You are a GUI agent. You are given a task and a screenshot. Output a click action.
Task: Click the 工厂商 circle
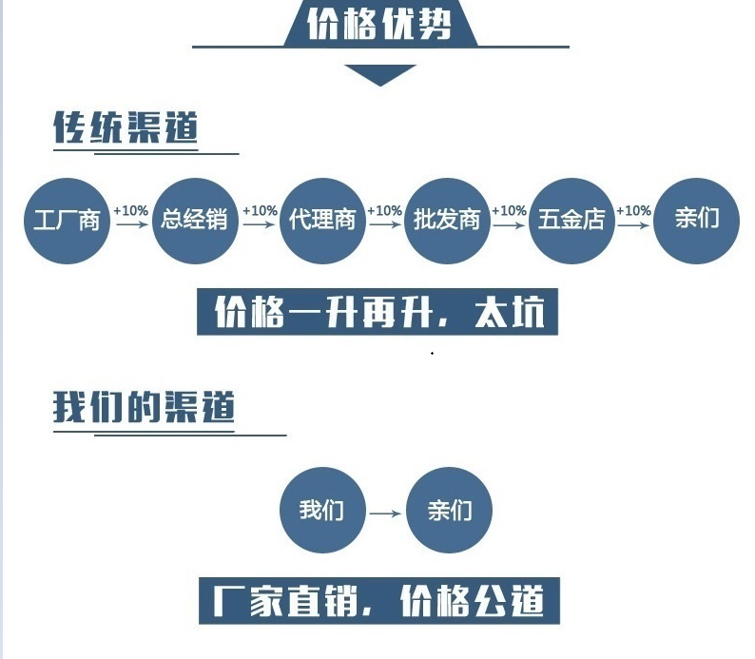coord(67,221)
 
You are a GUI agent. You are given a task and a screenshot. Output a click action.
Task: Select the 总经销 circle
coord(196,221)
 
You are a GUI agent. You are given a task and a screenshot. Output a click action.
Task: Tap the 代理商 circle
coord(322,221)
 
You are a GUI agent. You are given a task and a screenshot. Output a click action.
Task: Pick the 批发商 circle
coord(447,221)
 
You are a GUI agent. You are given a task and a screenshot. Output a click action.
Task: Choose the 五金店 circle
coord(572,221)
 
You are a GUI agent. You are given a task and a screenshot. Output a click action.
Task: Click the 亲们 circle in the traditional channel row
coord(697,221)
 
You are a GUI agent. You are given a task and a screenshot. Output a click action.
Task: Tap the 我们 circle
coord(322,511)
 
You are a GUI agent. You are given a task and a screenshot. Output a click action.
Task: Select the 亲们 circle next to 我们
coord(449,511)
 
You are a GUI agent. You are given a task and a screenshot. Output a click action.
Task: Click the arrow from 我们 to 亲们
coord(386,514)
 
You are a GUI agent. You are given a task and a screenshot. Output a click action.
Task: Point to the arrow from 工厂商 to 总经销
coord(132,224)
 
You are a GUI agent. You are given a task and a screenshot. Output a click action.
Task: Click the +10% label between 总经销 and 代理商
coord(260,211)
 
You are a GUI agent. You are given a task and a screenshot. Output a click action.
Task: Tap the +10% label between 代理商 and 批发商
coord(385,211)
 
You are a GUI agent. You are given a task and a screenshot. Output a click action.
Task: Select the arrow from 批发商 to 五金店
coord(509,224)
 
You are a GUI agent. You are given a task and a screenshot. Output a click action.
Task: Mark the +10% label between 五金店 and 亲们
coord(633,211)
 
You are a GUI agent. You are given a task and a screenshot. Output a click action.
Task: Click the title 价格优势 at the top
coord(379,23)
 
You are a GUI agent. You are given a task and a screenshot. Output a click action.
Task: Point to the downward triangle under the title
coord(380,73)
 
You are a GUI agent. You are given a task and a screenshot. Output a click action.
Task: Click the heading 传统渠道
coord(126,127)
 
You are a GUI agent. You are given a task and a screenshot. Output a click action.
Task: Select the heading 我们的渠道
coord(144,407)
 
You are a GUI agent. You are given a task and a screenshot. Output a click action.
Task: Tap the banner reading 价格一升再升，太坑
coord(377,312)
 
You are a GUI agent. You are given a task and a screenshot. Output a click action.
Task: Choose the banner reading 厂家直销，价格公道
coord(379,600)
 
